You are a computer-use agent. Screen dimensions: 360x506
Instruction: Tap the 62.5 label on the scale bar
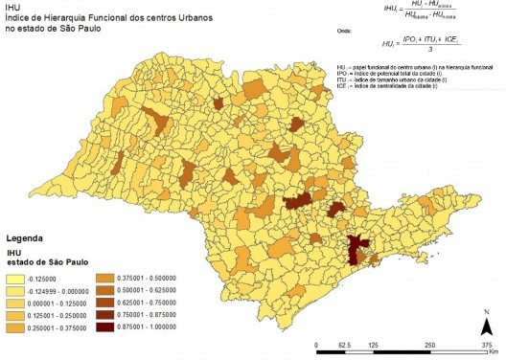coord(346,342)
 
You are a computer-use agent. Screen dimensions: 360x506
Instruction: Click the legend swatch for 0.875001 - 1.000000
coord(105,327)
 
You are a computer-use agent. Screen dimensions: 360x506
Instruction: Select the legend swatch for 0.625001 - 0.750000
coord(105,301)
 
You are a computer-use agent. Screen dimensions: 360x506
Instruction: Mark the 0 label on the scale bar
coord(316,342)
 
